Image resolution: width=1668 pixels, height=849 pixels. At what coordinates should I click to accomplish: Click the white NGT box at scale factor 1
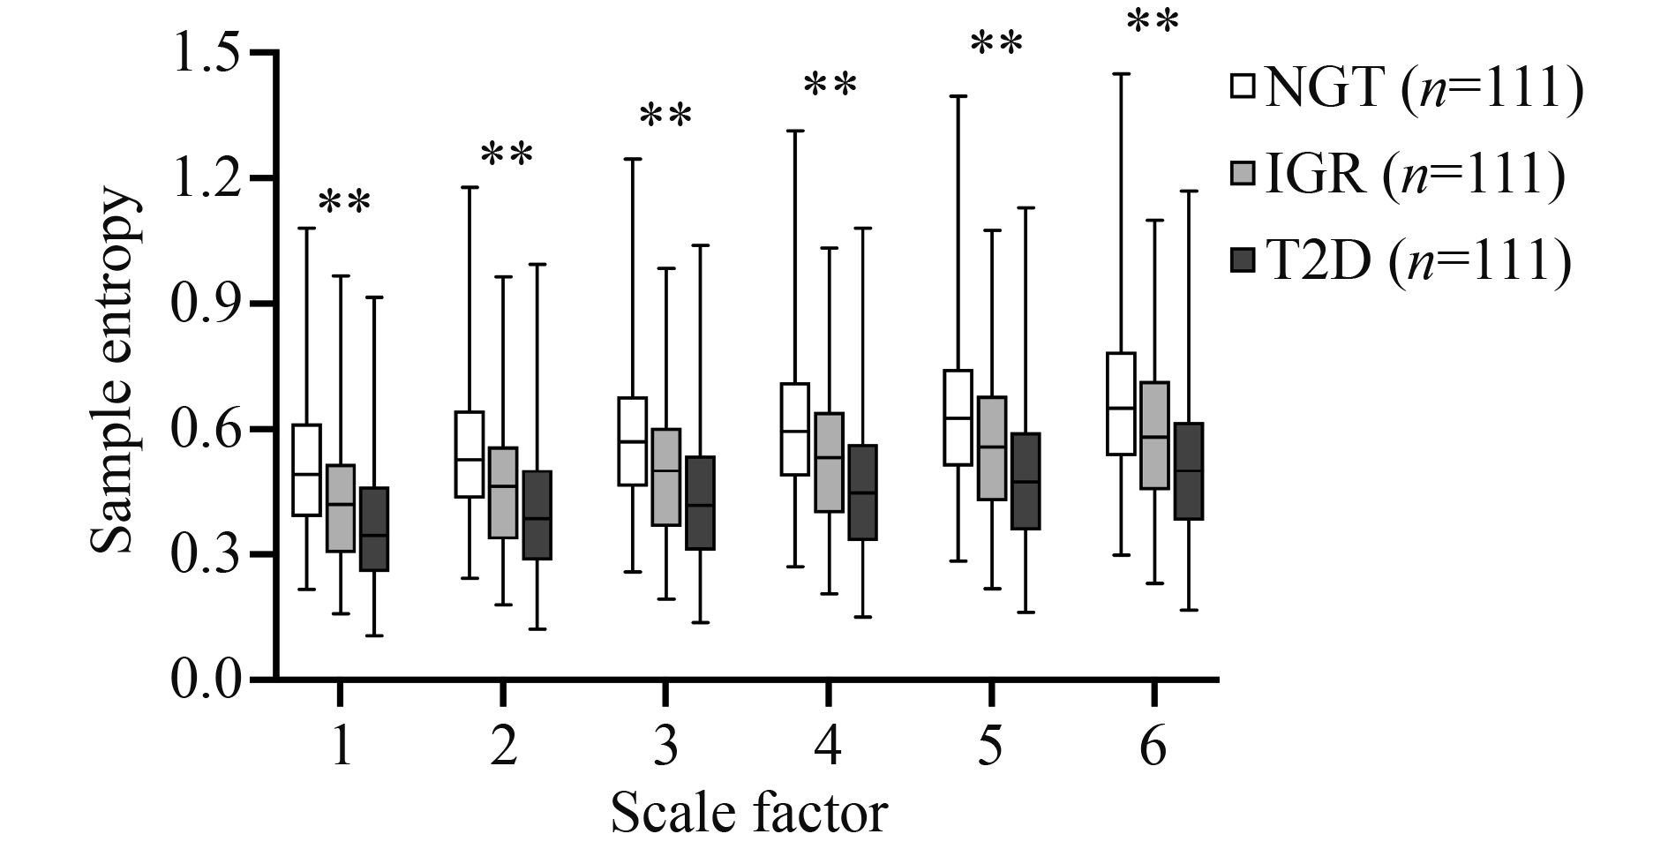click(306, 470)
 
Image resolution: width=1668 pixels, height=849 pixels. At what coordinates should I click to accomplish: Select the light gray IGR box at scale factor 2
click(503, 492)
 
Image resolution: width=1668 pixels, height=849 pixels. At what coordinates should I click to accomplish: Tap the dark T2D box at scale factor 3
click(700, 503)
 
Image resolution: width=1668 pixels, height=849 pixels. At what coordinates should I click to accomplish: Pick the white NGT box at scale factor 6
click(1121, 403)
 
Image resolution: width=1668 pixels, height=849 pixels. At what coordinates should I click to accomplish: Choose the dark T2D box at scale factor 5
click(1026, 481)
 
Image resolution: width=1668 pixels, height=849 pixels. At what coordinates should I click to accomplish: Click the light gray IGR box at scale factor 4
click(829, 462)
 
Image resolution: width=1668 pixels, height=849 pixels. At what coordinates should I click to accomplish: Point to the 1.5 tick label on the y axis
click(208, 53)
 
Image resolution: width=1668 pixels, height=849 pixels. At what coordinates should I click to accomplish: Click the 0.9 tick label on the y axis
click(208, 304)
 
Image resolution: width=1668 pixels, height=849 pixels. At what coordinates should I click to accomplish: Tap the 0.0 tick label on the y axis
click(208, 680)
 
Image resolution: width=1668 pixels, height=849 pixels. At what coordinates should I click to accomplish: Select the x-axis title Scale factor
click(748, 813)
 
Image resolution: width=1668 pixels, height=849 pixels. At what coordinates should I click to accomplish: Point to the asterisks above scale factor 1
click(344, 202)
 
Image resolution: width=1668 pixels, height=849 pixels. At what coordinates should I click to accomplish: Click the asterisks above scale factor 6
click(1153, 21)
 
